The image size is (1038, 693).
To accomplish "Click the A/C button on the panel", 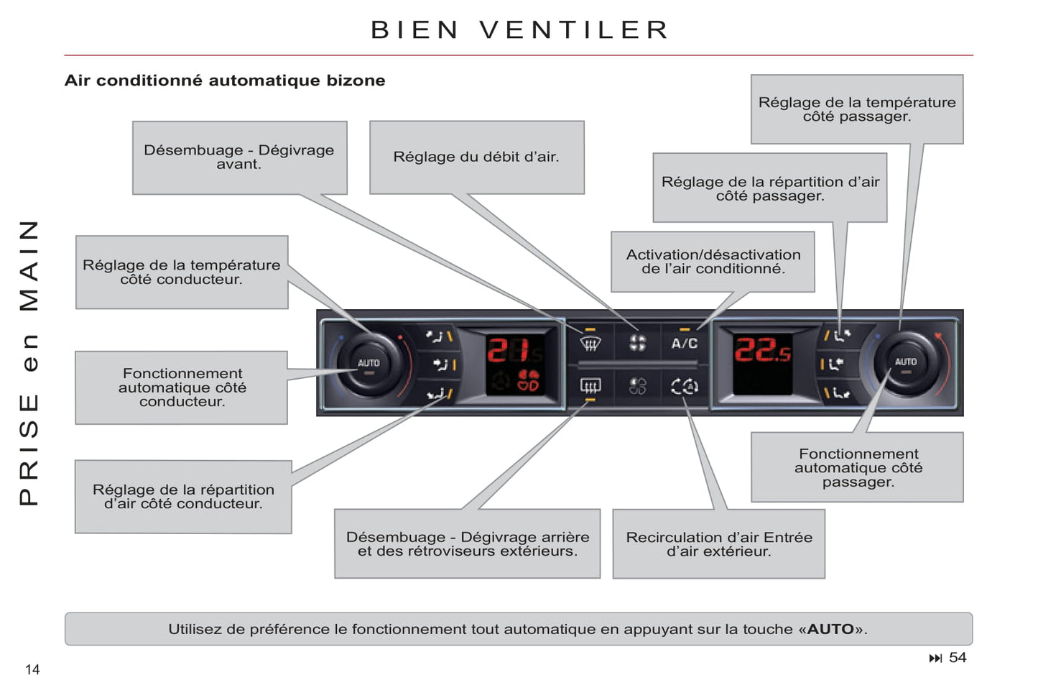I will click(x=684, y=343).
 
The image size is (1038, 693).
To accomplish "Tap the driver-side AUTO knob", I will click(x=369, y=364).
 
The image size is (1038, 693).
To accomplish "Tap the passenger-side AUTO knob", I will click(x=905, y=362).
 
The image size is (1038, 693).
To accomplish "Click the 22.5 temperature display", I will click(x=762, y=351).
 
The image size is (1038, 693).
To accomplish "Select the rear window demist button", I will click(x=590, y=387).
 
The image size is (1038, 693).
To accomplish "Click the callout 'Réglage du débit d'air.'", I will click(x=476, y=157).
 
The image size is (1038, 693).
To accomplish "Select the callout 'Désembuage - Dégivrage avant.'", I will click(x=239, y=157).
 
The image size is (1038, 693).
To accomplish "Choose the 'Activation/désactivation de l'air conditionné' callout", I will click(x=713, y=262).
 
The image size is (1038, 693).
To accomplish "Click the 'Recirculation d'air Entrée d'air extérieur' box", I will click(x=718, y=544).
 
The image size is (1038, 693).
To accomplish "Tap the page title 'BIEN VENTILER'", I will click(x=519, y=30).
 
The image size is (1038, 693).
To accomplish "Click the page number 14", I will click(x=32, y=670).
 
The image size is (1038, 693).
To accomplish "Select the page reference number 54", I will click(x=958, y=658).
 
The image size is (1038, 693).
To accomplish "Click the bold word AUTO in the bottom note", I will click(x=830, y=629).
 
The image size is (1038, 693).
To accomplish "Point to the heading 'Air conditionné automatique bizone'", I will click(x=225, y=81).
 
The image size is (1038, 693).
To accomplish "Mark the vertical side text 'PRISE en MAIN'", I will click(x=29, y=362).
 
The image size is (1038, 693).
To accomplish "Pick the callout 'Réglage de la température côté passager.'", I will click(x=856, y=109).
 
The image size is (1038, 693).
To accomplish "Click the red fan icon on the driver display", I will click(x=529, y=381).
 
